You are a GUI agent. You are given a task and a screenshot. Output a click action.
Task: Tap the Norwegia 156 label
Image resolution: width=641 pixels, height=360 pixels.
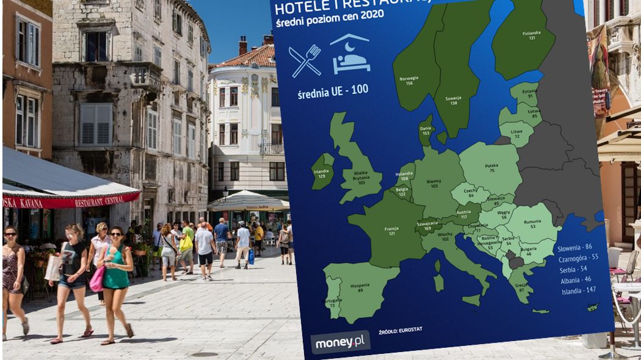click(408, 81)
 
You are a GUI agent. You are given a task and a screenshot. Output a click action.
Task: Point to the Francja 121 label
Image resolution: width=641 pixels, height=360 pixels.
click(391, 231)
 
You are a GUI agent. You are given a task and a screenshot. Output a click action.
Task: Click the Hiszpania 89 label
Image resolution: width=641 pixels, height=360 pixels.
click(360, 288)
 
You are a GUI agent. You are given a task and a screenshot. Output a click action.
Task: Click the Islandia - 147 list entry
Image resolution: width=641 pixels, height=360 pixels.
click(579, 291)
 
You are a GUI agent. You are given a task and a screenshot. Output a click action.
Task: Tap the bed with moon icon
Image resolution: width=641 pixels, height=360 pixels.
click(350, 54)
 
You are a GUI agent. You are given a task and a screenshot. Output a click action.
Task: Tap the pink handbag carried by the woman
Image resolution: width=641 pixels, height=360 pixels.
click(96, 279)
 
